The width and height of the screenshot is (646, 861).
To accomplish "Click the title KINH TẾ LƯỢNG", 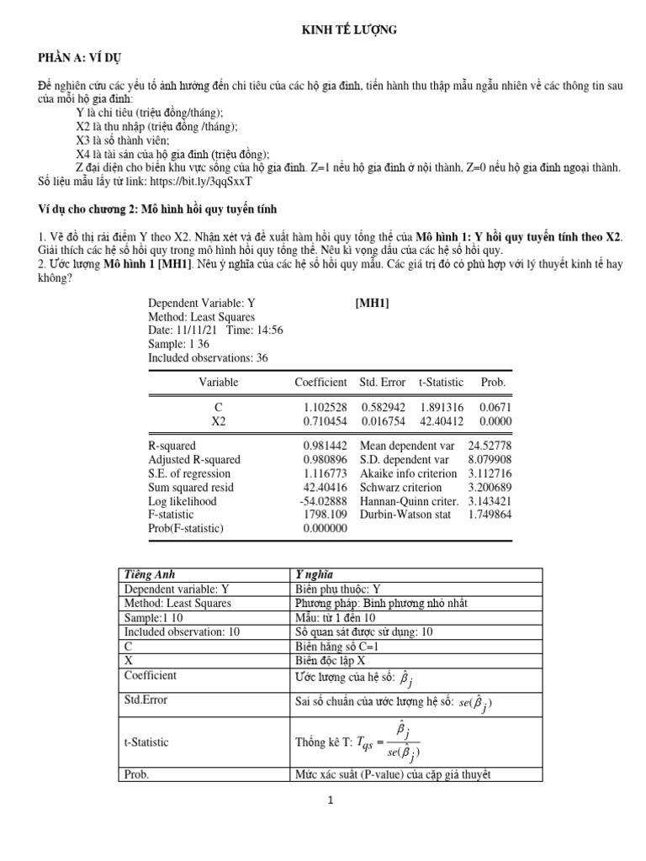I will (x=348, y=30).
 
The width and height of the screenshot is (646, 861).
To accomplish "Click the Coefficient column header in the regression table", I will (x=320, y=382).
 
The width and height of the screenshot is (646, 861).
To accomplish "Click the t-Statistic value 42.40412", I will (x=441, y=420).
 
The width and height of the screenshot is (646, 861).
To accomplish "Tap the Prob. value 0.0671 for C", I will (x=494, y=407).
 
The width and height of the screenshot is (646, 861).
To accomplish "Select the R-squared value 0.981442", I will (x=325, y=446).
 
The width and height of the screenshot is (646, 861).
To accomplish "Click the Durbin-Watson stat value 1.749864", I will (x=490, y=515).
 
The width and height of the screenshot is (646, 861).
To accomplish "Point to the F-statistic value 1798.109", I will (x=325, y=515).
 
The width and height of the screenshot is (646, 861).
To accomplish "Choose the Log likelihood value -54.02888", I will (x=323, y=501).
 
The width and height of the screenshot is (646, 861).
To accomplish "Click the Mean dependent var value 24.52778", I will (x=490, y=446).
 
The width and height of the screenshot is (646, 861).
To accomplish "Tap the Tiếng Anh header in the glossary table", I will (x=148, y=574).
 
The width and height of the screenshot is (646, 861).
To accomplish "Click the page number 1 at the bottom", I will (x=331, y=800).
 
